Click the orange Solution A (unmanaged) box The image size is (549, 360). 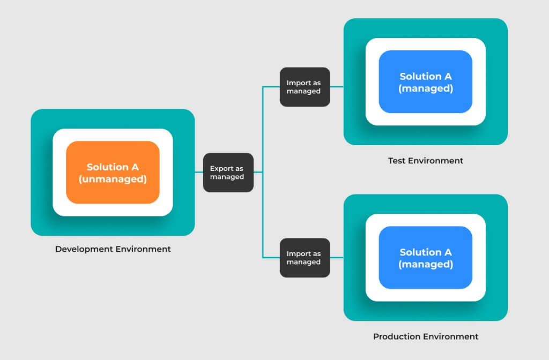(x=113, y=172)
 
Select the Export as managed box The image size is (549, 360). (x=228, y=172)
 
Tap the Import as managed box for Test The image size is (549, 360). (x=305, y=87)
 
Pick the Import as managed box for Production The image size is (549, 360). (x=305, y=258)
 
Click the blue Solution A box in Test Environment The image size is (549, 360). (x=425, y=82)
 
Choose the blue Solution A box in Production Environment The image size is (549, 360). (x=425, y=258)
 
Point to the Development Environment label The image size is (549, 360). (x=113, y=249)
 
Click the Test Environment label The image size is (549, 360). (x=425, y=161)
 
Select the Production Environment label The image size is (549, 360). (x=425, y=336)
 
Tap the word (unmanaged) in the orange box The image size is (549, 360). (x=113, y=179)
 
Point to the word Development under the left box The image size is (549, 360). (x=84, y=249)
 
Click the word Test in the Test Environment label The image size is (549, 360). (x=396, y=161)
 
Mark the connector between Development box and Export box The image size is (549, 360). (x=199, y=172)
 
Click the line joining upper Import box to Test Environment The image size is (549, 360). (x=337, y=87)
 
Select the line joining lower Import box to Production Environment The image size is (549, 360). (x=337, y=258)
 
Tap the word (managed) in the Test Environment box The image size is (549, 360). (x=425, y=88)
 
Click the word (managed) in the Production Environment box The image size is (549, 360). (x=425, y=265)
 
